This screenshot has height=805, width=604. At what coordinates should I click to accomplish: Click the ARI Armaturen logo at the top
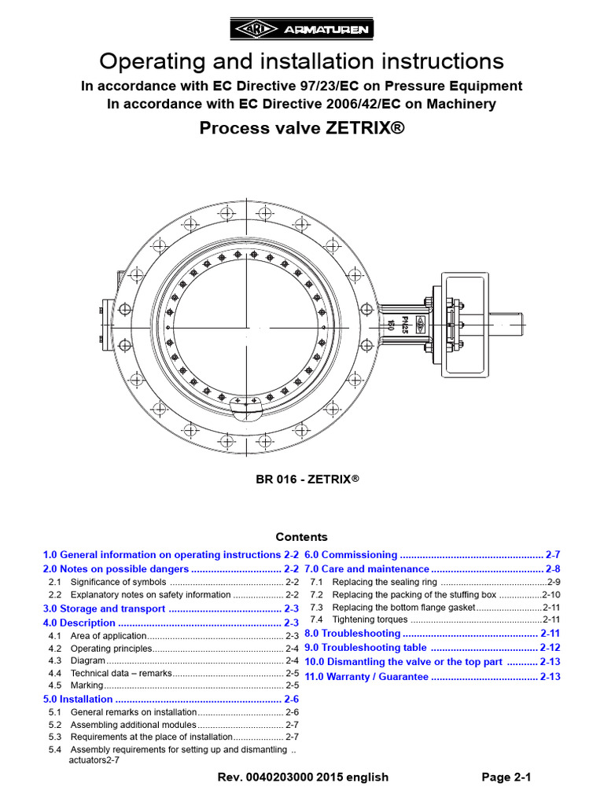[302, 31]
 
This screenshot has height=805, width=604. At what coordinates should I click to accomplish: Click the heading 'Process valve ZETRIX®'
[302, 128]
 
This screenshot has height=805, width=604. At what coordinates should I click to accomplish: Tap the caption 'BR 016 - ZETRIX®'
[301, 478]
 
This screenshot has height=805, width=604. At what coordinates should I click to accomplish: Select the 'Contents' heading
[301, 537]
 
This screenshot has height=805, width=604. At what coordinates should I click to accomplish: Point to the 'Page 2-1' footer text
[507, 777]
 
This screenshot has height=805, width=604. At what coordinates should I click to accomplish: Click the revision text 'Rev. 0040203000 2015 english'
[303, 777]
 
